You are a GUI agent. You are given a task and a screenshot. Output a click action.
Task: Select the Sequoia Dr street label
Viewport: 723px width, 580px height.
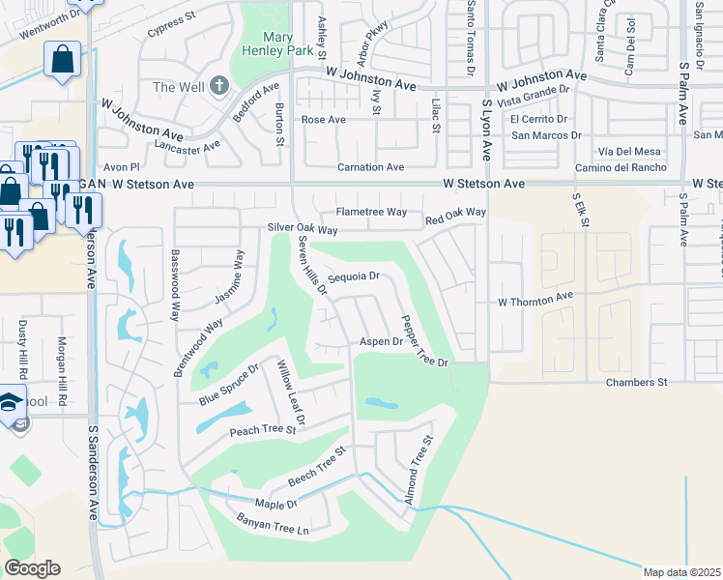click(x=353, y=276)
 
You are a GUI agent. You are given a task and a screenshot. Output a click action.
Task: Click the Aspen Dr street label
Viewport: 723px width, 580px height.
click(x=381, y=342)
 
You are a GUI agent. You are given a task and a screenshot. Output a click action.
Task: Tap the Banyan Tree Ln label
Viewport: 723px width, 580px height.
click(x=272, y=525)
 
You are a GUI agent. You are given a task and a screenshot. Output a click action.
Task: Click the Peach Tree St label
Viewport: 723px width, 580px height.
click(x=262, y=429)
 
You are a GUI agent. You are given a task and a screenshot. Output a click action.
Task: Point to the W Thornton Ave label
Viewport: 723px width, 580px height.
click(x=535, y=301)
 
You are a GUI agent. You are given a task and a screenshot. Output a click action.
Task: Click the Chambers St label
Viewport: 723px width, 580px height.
click(x=637, y=383)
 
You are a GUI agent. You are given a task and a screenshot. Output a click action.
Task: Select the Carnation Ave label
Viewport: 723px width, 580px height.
click(x=370, y=167)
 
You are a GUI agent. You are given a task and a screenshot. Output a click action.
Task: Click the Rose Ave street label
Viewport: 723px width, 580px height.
click(x=324, y=120)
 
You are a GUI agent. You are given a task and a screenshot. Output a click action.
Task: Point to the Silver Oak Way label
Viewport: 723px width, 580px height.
click(x=303, y=230)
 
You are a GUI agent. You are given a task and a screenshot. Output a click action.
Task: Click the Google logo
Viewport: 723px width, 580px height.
click(x=32, y=568)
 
